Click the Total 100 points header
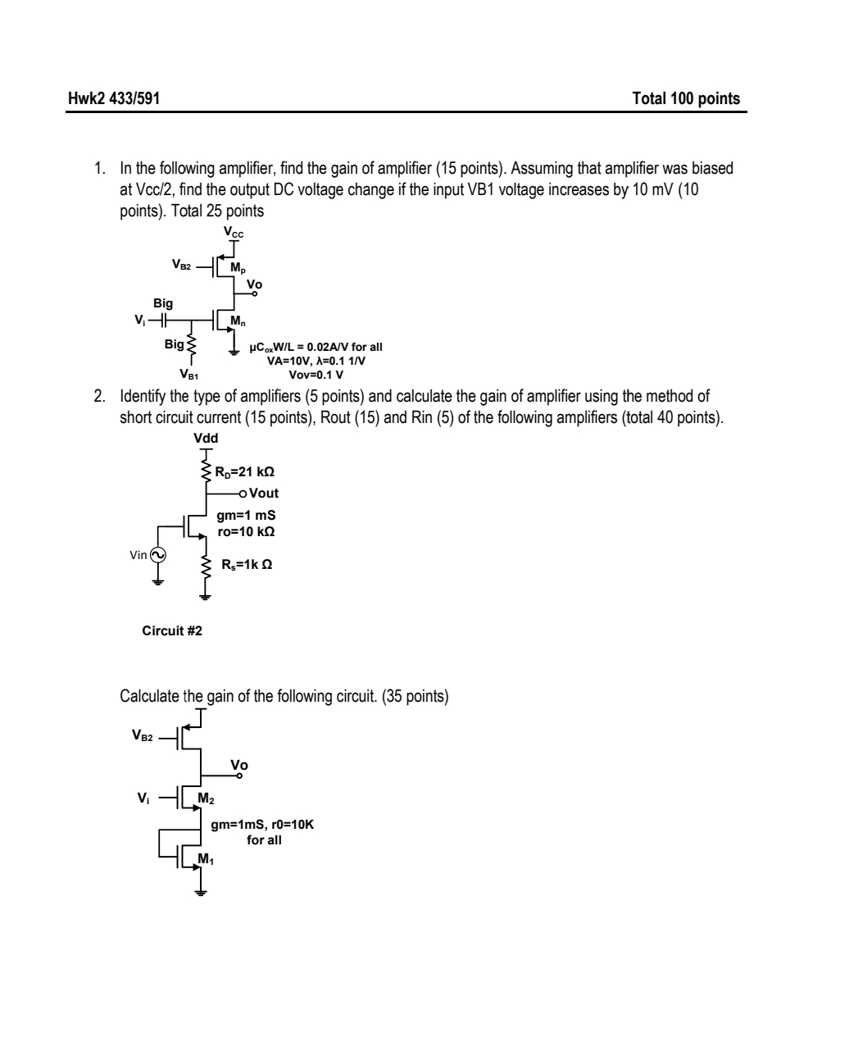coord(686,99)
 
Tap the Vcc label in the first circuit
coord(234,234)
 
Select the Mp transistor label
coord(237,267)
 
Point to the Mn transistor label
coord(237,321)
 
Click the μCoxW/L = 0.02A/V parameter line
coord(316,347)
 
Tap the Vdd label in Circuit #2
coord(206,439)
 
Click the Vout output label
coord(263,494)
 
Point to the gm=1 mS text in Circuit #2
coord(246,516)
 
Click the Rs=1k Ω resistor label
coord(247,564)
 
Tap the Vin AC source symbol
coord(157,555)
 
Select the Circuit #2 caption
coord(172,631)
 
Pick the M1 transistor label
coord(205,859)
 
